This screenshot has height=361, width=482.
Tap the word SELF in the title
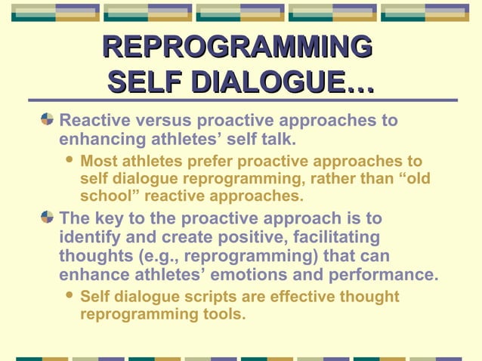pyautogui.click(x=144, y=81)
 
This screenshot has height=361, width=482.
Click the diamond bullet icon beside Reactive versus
pyautogui.click(x=47, y=119)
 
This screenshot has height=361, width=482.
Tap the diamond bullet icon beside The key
pyautogui.click(x=47, y=218)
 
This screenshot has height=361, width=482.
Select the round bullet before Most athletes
pyautogui.click(x=70, y=161)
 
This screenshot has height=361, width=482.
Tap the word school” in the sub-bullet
pyautogui.click(x=109, y=196)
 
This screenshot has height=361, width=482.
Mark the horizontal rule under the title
pyautogui.click(x=243, y=100)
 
